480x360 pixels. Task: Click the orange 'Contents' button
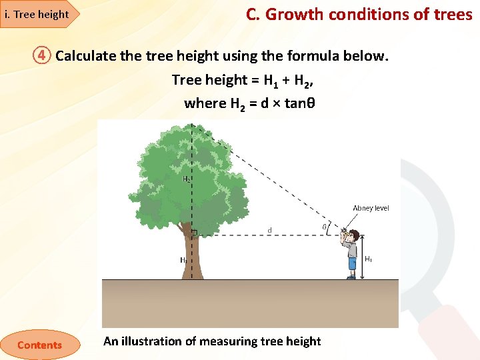[39, 345]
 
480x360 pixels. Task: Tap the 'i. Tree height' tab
[37, 14]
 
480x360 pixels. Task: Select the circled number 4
[42, 55]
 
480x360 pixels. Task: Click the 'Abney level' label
[371, 208]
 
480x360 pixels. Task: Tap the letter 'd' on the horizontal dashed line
[269, 231]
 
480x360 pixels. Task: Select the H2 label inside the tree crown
[187, 179]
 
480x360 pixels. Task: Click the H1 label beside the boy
[368, 258]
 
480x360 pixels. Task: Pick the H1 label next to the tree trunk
[183, 260]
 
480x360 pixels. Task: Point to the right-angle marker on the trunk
[195, 233]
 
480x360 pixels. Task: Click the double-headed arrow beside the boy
[362, 257]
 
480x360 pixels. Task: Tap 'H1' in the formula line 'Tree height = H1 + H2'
[271, 81]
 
